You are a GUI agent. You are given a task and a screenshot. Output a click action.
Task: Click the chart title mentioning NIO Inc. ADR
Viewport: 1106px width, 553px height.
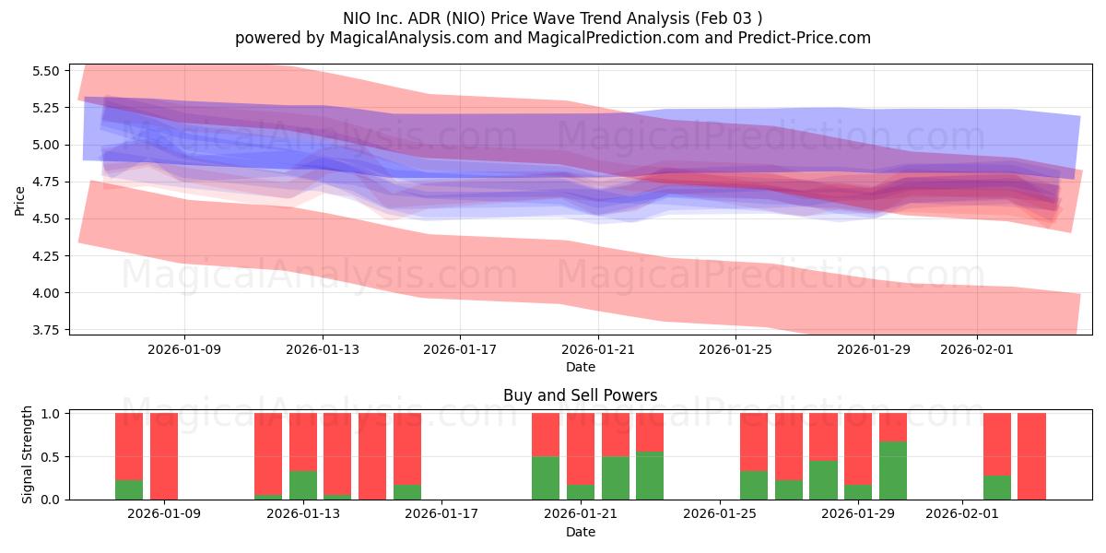[553, 18]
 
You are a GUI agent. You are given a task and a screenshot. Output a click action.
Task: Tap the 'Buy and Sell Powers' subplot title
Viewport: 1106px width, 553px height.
[580, 395]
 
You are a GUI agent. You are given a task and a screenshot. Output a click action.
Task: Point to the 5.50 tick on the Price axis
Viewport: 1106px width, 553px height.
[45, 71]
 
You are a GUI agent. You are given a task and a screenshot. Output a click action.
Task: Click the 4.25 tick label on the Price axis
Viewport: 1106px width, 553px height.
[45, 255]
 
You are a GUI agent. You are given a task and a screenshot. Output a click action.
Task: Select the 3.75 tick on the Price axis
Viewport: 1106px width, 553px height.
[45, 330]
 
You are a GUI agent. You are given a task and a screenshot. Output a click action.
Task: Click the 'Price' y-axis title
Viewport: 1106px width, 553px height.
[19, 200]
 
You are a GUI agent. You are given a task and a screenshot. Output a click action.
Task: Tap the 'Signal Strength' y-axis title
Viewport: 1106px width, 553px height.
[28, 454]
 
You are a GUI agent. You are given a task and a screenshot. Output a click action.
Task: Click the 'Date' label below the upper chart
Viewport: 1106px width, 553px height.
[580, 367]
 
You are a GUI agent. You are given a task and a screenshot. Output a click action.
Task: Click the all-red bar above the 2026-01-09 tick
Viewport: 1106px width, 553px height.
[164, 456]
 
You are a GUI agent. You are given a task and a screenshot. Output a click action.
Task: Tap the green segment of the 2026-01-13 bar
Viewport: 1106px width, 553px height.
[303, 486]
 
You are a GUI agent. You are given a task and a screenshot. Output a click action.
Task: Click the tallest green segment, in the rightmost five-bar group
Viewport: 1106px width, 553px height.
[892, 470]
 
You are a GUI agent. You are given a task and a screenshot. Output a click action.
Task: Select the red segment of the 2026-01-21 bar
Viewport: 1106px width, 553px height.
[581, 448]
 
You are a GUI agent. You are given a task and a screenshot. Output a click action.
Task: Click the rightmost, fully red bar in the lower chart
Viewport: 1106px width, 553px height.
[1031, 456]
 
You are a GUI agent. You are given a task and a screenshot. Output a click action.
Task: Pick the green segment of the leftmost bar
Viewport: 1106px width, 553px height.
[129, 489]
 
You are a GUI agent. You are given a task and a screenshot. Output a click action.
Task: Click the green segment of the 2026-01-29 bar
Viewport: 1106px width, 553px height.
[858, 492]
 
